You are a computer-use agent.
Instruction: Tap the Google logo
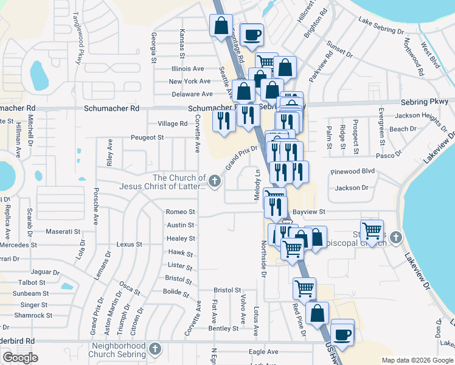pos(20,358)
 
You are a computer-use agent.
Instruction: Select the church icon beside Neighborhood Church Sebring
pos(155,349)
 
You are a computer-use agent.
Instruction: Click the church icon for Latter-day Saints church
pos(214,181)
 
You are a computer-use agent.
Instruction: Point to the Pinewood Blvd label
pos(353,172)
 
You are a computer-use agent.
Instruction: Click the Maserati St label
pos(64,232)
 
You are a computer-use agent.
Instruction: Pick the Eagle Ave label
pos(263,352)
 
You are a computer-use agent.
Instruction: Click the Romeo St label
pos(181,212)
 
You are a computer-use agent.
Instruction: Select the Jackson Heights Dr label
pos(420,115)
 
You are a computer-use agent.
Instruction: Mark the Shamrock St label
pos(33,315)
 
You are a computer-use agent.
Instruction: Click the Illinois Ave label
pos(188,69)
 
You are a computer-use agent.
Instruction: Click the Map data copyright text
pos(417,360)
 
